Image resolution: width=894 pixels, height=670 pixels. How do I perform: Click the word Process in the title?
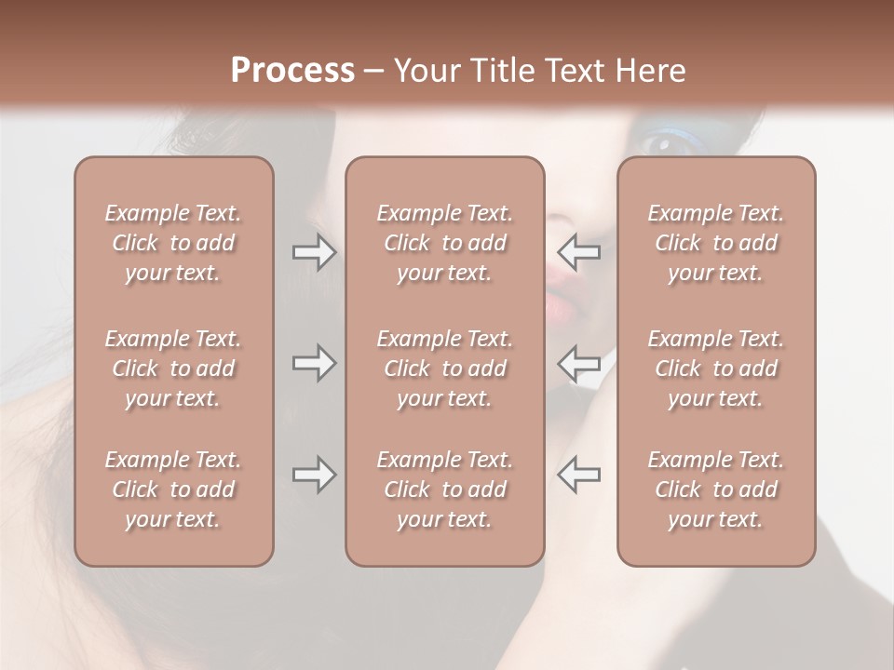point(292,71)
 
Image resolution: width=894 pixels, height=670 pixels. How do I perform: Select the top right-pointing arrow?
point(314,252)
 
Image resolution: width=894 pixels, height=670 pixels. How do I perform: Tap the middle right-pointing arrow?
point(314,363)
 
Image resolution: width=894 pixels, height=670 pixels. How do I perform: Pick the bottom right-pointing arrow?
point(314,475)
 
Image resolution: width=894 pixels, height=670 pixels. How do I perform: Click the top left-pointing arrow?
point(578,252)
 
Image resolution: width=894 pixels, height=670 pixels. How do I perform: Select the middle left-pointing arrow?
point(578,363)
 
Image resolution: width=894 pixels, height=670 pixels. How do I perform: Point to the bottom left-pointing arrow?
point(578,475)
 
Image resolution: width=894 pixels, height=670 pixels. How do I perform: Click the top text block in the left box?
point(173,243)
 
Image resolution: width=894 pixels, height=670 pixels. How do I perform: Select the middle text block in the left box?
point(173,368)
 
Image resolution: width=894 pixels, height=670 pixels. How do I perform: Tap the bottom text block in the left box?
point(173,489)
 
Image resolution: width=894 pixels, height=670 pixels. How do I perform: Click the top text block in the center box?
point(444,243)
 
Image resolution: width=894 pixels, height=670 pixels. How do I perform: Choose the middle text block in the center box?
point(444,368)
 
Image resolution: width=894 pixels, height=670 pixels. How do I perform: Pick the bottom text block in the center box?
point(444,489)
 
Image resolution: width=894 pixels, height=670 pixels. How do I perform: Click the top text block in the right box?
point(715,243)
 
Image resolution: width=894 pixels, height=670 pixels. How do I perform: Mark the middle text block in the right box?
point(715,368)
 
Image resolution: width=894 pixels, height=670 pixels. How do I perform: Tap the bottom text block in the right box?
point(715,489)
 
